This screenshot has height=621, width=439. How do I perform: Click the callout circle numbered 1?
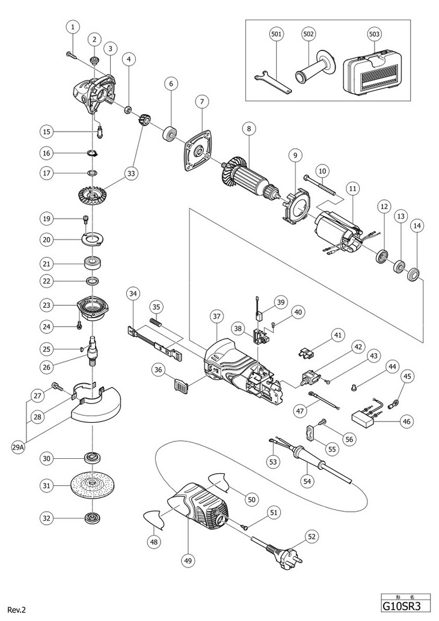pos(73,26)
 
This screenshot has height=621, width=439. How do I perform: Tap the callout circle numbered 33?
pos(130,174)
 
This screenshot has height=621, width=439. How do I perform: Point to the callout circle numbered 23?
pos(46,305)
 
